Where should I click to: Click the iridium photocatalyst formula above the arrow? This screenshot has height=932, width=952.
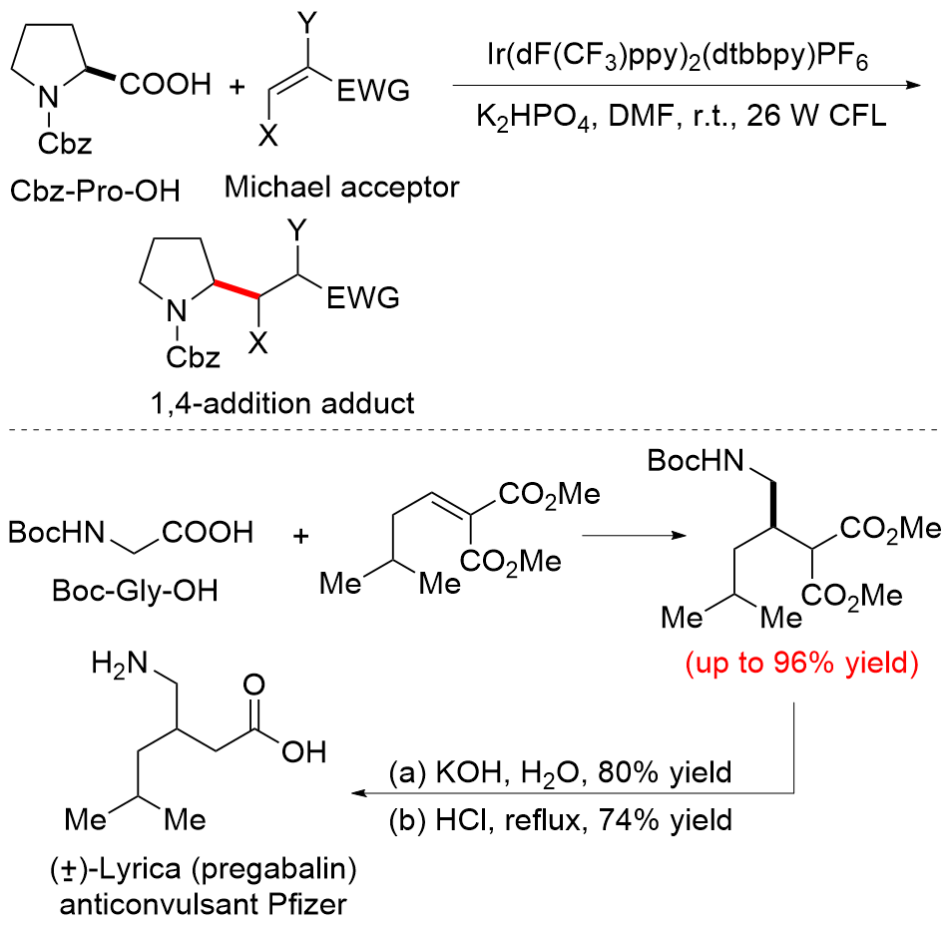pos(678,57)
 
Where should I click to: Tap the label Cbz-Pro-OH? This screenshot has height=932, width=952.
pos(95,192)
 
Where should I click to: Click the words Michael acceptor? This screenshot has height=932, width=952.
pos(342,187)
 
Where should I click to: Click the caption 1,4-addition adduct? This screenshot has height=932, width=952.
pos(282,403)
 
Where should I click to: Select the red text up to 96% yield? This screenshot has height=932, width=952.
pos(802,663)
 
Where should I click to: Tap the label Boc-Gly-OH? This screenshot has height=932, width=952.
pos(135,590)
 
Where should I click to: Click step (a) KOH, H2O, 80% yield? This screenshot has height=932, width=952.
pos(561,773)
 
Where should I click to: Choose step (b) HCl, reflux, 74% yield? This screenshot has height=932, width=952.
pos(561,820)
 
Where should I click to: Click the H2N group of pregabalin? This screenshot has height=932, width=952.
pos(119,663)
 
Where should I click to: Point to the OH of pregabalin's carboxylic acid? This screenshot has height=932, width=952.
pos(304,751)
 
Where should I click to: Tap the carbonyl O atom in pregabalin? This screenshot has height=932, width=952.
pos(253,686)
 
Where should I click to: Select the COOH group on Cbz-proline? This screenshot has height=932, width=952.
pos(165,84)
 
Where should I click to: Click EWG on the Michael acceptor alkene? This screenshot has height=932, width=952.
pos(373,91)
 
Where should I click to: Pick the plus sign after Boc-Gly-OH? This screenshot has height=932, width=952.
pos(300,536)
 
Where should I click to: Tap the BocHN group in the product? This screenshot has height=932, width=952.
pos(696,460)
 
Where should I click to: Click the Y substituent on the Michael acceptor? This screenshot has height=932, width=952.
pos(308,24)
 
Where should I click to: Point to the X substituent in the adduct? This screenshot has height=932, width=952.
pos(258,344)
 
